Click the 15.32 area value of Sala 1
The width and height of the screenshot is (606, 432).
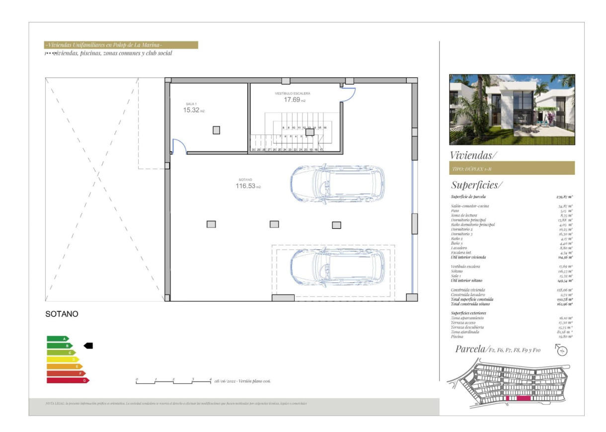(191, 110)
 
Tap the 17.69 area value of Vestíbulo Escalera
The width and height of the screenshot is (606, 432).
(292, 99)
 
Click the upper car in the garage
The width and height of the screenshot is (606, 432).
(337, 182)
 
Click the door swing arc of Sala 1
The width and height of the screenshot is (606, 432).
(179, 145)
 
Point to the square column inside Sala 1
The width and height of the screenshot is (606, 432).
(216, 130)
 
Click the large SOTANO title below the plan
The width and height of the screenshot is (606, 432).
(62, 314)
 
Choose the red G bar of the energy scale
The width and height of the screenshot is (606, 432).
(68, 380)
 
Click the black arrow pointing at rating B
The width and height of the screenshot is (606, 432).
(88, 346)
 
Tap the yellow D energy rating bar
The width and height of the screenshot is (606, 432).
(63, 360)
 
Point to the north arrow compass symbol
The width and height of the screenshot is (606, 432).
(562, 351)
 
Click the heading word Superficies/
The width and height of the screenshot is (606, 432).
(476, 186)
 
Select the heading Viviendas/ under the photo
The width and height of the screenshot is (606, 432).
(472, 155)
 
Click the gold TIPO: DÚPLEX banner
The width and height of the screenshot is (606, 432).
(512, 168)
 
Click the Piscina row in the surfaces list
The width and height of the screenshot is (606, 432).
(512, 337)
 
